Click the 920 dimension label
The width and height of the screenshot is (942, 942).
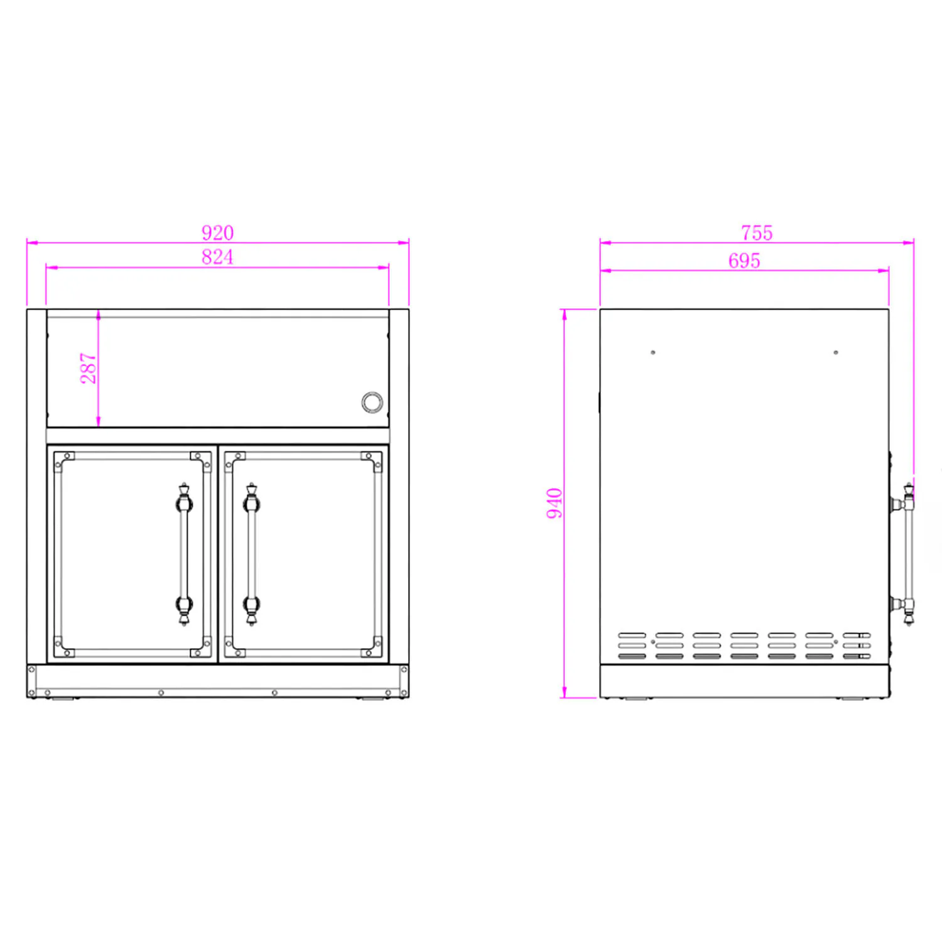pyautogui.click(x=217, y=232)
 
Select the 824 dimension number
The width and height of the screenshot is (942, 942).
pyautogui.click(x=217, y=257)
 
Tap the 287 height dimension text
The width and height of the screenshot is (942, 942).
pyautogui.click(x=88, y=368)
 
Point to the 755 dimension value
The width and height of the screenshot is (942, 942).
pyautogui.click(x=757, y=233)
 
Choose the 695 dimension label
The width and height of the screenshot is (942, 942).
pyautogui.click(x=744, y=260)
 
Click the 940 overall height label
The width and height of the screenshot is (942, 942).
pyautogui.click(x=554, y=504)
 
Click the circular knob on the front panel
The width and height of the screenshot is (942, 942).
pyautogui.click(x=372, y=402)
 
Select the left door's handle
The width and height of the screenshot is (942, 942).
pyautogui.click(x=184, y=554)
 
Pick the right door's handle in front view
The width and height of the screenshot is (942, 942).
pyautogui.click(x=251, y=554)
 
